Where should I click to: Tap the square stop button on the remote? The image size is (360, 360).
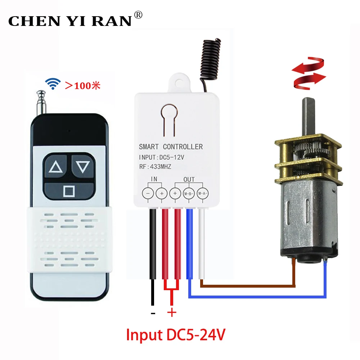[x=69, y=190]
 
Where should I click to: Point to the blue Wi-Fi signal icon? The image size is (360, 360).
[x=53, y=84]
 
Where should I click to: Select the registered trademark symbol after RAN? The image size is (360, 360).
[x=138, y=15]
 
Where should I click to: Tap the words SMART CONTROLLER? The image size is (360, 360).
[x=171, y=147]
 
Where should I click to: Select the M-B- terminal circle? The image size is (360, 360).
[x=189, y=193]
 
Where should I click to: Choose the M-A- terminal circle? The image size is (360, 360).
[x=203, y=193]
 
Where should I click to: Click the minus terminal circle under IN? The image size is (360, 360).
[x=148, y=193]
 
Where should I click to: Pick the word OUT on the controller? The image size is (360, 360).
[x=189, y=179]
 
